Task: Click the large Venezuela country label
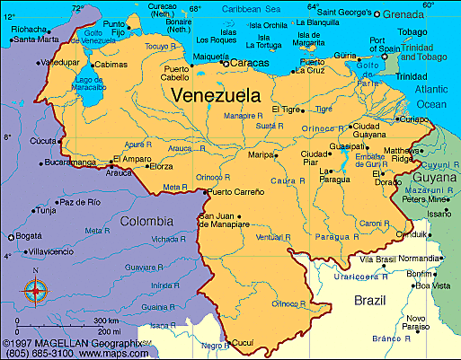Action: (x=216, y=94)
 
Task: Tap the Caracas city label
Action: (x=250, y=63)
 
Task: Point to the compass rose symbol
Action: (x=35, y=290)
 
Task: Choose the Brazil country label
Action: (x=369, y=299)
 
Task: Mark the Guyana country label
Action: (x=435, y=179)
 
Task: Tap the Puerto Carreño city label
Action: (x=235, y=192)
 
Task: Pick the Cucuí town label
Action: (x=243, y=342)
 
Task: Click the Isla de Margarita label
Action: (x=308, y=36)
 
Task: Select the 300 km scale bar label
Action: (x=105, y=320)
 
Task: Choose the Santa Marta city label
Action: (x=36, y=40)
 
